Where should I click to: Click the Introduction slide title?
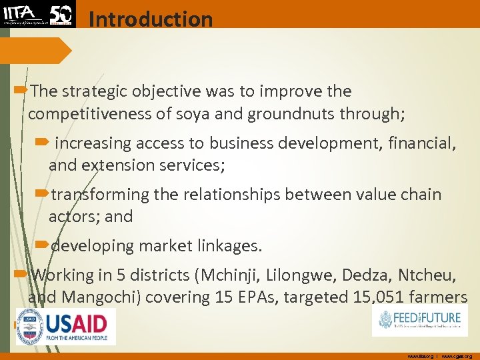coord(150,19)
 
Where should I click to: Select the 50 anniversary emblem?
coord(61,14)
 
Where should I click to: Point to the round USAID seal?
coord(30,327)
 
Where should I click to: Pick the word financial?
coord(417,143)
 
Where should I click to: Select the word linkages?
coord(227,246)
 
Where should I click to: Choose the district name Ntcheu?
coord(428,275)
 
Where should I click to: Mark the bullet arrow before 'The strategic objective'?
coord(21,90)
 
